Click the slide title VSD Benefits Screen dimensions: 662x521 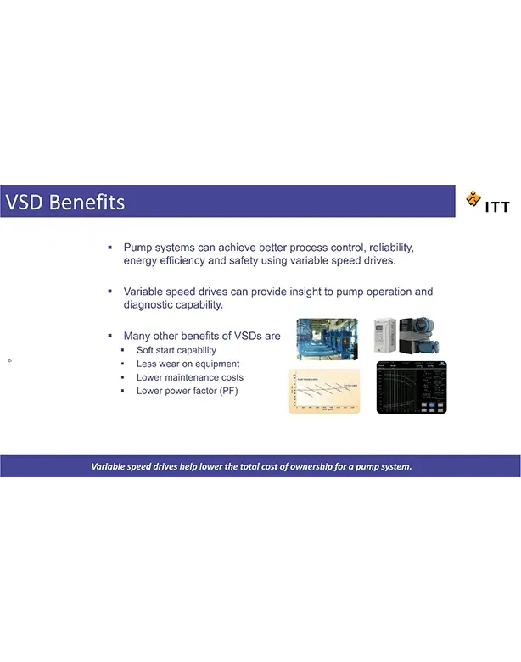tap(65, 203)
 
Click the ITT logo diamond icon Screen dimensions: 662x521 tap(473, 200)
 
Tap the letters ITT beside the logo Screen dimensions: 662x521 tap(497, 206)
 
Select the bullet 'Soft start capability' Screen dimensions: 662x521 tap(176, 350)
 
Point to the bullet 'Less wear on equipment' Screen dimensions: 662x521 tap(188, 364)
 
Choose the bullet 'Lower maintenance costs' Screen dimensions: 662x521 tap(190, 377)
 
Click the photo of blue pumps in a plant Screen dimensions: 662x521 tap(327, 339)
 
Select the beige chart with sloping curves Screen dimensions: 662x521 tap(323, 390)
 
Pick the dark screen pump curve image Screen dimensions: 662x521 tap(412, 387)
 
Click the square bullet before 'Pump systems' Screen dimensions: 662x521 tap(110, 248)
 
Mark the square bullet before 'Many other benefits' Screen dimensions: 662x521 tap(110, 336)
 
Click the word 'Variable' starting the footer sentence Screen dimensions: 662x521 tap(111, 466)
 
